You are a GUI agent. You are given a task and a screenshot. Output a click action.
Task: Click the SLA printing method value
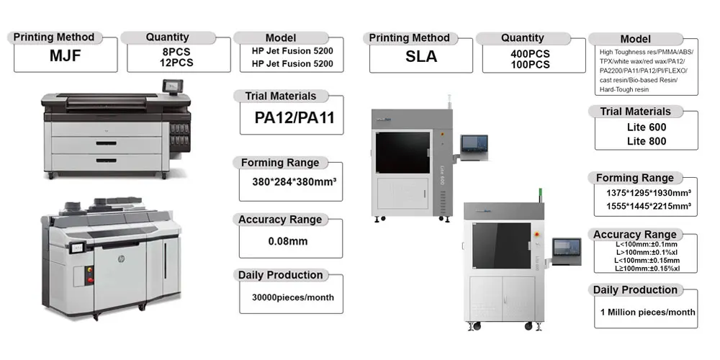pyautogui.click(x=421, y=57)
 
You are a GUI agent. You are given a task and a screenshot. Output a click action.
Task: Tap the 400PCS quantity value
pyautogui.click(x=525, y=54)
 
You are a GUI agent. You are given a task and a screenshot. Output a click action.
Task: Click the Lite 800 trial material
pyautogui.click(x=647, y=141)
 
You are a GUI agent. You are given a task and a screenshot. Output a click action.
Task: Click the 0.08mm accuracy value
pyautogui.click(x=288, y=241)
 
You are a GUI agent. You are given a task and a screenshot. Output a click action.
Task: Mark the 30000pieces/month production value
pyautogui.click(x=292, y=297)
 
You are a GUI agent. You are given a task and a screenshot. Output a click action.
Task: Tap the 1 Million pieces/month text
pyautogui.click(x=647, y=312)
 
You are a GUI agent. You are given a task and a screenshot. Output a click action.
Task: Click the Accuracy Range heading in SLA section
pyautogui.click(x=635, y=235)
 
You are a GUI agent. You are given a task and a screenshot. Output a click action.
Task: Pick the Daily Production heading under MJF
pyautogui.click(x=280, y=275)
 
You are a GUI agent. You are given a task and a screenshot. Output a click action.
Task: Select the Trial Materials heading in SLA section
pyautogui.click(x=635, y=112)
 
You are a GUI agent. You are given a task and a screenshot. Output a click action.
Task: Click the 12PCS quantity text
pyautogui.click(x=176, y=63)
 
